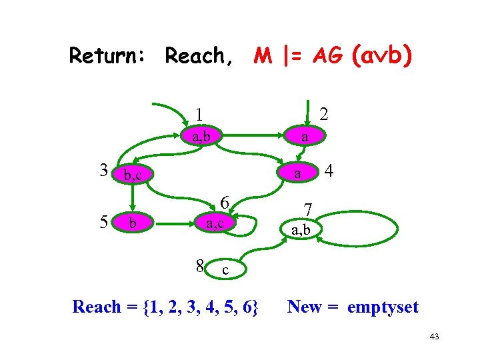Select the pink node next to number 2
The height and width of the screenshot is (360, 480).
[x=304, y=137]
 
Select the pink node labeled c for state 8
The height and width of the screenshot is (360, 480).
[x=225, y=269]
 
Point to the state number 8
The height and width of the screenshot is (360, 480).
[x=200, y=266]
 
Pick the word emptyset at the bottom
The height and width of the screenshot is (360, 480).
[x=382, y=307]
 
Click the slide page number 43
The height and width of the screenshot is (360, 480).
[x=435, y=337]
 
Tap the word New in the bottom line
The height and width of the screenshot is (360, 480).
[x=305, y=307]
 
